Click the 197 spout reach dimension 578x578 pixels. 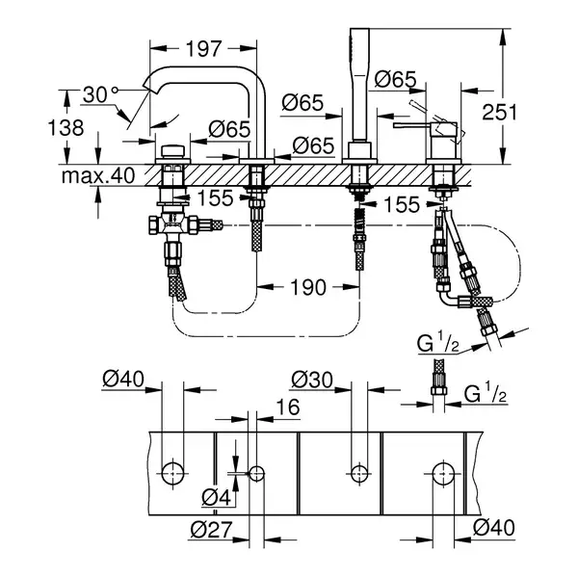pyautogui.click(x=203, y=49)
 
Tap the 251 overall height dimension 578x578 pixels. pyautogui.click(x=499, y=112)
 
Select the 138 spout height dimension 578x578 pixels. pyautogui.click(x=66, y=128)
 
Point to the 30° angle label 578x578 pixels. pyautogui.click(x=99, y=94)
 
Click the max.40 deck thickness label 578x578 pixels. pyautogui.click(x=98, y=175)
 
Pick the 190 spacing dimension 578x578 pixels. pyautogui.click(x=308, y=287)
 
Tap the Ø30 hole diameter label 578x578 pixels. pyautogui.click(x=312, y=380)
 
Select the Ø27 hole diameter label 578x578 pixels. pyautogui.click(x=212, y=530)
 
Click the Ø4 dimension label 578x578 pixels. pyautogui.click(x=217, y=498)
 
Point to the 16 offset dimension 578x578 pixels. pyautogui.click(x=288, y=407)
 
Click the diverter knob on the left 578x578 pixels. pyautogui.click(x=172, y=151)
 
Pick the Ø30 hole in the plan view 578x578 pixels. pyautogui.click(x=358, y=473)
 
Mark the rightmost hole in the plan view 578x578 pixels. pyautogui.click(x=443, y=473)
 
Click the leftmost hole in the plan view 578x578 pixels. pyautogui.click(x=172, y=473)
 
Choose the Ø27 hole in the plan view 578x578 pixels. pyautogui.click(x=257, y=473)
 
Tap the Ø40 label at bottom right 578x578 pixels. pyautogui.click(x=493, y=528)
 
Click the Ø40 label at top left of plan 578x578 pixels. pyautogui.click(x=123, y=379)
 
